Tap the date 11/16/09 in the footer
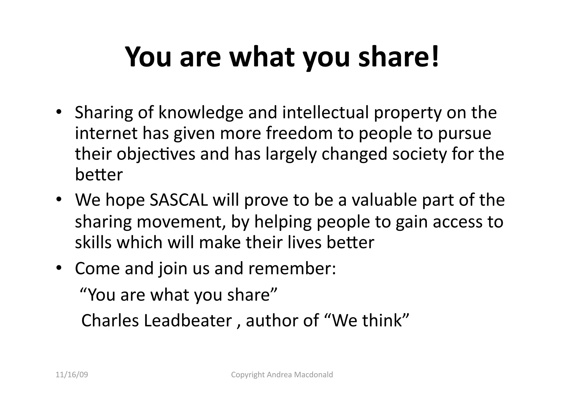point(72,375)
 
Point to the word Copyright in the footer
point(248,375)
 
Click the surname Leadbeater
point(188,320)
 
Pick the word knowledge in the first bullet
point(201,113)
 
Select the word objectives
point(156,154)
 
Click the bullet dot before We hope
point(59,200)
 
